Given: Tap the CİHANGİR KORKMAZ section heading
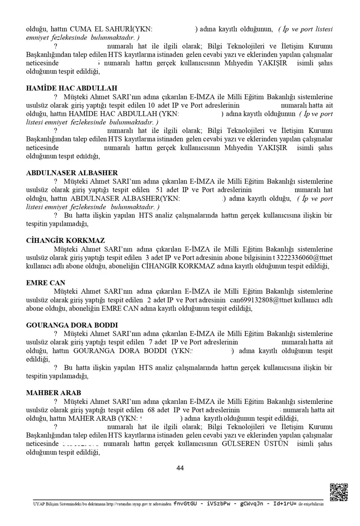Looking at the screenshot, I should click(65, 241).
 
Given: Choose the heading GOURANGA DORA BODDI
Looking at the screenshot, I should click(72, 325).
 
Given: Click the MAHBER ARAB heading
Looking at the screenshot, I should click(54, 393).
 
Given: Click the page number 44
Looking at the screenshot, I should click(180, 468).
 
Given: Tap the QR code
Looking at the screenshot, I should click(338, 492).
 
